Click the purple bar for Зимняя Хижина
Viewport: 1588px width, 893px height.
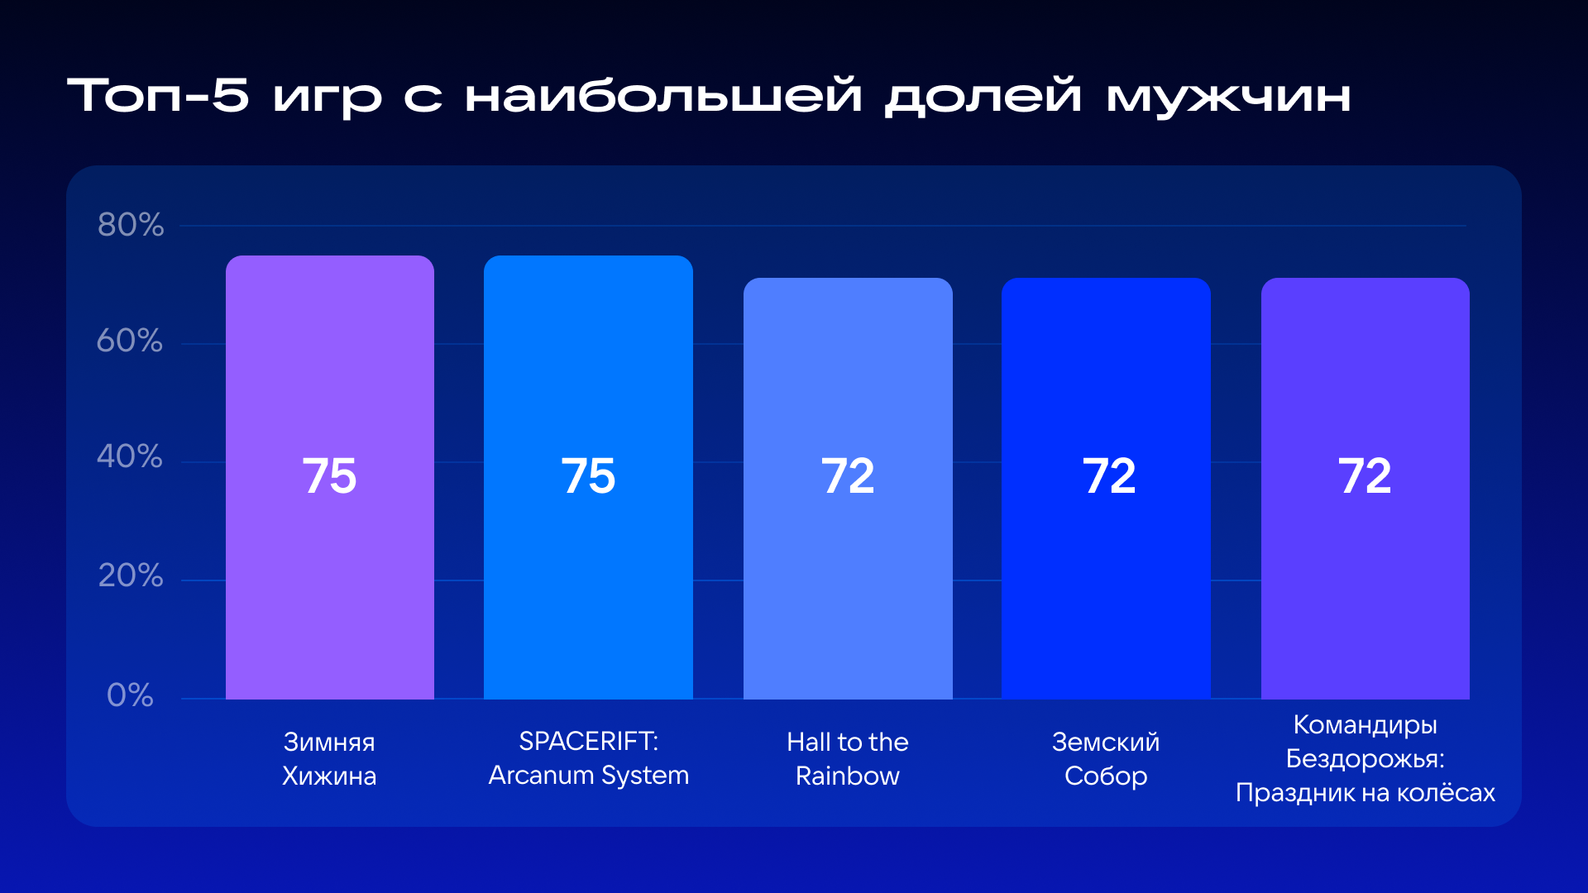click(330, 477)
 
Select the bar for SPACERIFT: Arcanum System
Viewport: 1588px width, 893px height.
click(588, 477)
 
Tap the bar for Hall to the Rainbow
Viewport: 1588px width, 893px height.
click(848, 489)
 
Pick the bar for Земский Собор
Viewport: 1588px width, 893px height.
click(1106, 489)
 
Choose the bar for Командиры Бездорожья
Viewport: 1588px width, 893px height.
click(1366, 489)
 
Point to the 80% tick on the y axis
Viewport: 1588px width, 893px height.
click(131, 225)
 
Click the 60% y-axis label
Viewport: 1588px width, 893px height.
click(130, 341)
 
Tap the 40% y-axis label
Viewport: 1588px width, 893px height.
click(130, 456)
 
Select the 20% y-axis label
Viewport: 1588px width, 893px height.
click(131, 575)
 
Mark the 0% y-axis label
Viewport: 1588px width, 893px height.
click(130, 695)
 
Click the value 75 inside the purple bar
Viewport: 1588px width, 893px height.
click(329, 476)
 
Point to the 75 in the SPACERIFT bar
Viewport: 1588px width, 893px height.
click(588, 476)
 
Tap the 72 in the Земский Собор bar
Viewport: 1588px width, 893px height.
click(1109, 476)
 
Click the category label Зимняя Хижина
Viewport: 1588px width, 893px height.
click(329, 759)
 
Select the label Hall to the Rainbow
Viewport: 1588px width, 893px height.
click(848, 759)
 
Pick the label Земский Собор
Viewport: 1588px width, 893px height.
click(1106, 759)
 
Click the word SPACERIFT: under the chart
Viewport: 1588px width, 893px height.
click(589, 742)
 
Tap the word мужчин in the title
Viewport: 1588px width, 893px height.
click(1228, 96)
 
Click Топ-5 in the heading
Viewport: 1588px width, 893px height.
click(158, 95)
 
